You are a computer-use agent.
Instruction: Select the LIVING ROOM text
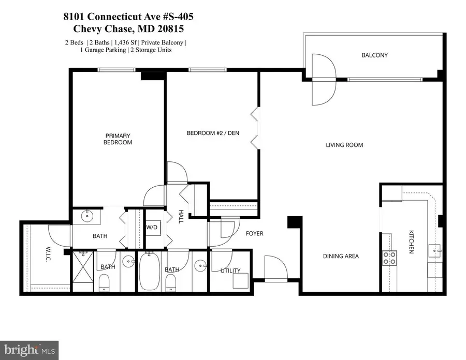pyautogui.click(x=344, y=145)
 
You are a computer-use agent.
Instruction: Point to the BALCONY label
pyautogui.click(x=375, y=55)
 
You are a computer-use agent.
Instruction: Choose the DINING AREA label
pyautogui.click(x=341, y=256)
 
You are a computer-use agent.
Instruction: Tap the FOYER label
pyautogui.click(x=254, y=234)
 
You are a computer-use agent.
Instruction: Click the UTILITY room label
pyautogui.click(x=230, y=271)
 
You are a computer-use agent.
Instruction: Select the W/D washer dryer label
pyautogui.click(x=152, y=227)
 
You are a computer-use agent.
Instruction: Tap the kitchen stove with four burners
pyautogui.click(x=389, y=258)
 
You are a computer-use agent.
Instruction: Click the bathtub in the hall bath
pyautogui.click(x=150, y=272)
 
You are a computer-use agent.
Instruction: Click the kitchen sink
pyautogui.click(x=435, y=252)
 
